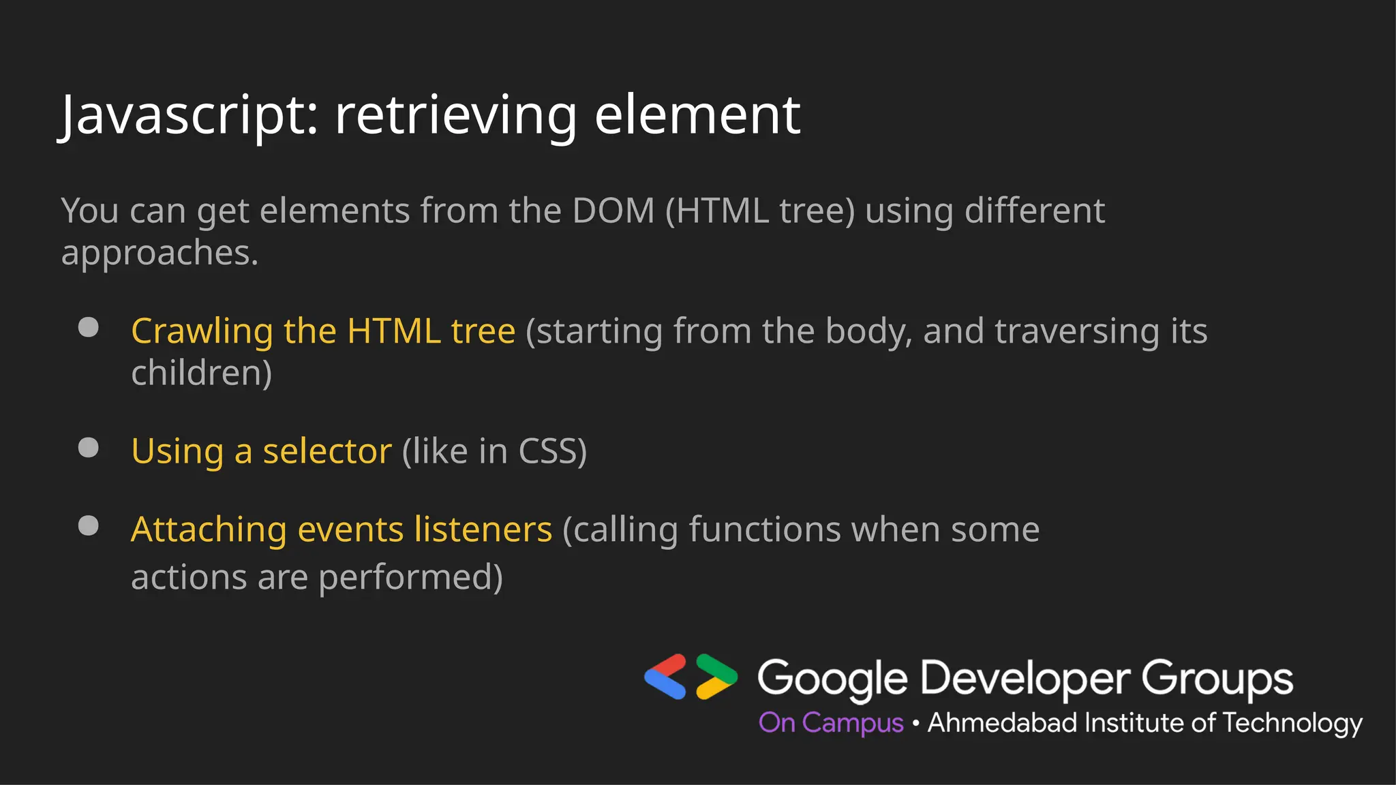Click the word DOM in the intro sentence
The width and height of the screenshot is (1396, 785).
click(613, 211)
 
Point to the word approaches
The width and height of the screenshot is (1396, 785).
click(160, 254)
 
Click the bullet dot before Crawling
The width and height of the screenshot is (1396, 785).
click(89, 327)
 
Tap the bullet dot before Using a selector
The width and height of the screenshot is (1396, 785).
click(89, 448)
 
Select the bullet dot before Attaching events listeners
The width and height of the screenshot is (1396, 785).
click(89, 525)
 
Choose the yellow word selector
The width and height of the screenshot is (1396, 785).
click(327, 451)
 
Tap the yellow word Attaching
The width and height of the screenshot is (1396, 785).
click(209, 531)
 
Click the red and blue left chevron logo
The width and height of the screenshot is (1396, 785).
click(666, 676)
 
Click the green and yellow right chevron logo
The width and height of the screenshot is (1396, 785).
click(716, 676)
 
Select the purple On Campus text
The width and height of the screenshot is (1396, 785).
click(830, 723)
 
